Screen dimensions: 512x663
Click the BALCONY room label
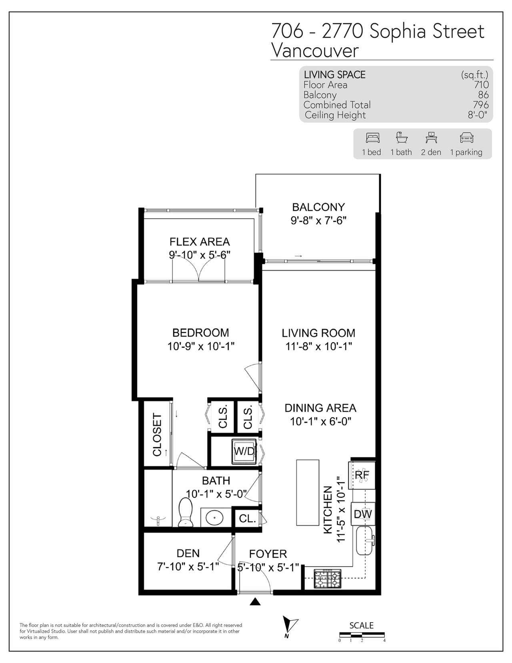pos(318,207)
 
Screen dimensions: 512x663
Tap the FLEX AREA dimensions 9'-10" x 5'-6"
pos(200,255)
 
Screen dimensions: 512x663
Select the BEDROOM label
pos(200,333)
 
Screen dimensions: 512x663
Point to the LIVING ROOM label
pos(318,333)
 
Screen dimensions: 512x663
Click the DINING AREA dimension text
pos(321,421)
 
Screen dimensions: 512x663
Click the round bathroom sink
pos(214,518)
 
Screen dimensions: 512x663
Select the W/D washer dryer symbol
pos(244,451)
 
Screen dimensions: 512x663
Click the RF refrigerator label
pos(362,475)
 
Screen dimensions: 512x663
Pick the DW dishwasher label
pos(363,514)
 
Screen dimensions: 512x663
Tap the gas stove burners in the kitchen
pos(328,579)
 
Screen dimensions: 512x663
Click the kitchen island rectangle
pos(308,493)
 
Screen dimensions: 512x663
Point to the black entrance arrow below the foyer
pos(255,602)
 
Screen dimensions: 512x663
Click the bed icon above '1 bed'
pos(373,138)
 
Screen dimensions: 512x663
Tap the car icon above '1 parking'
pos(466,138)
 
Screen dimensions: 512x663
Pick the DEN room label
pos(188,553)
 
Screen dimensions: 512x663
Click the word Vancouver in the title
pos(315,50)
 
